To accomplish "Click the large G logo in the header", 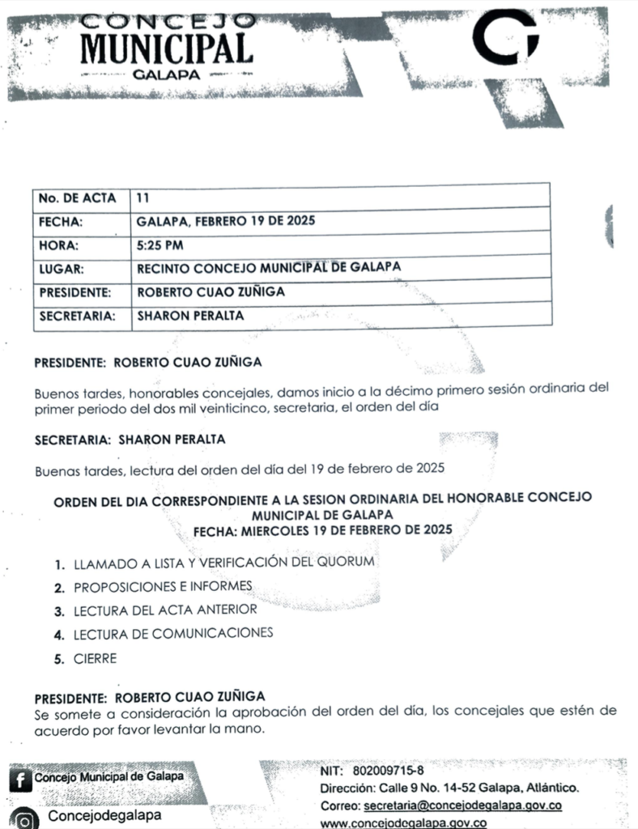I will [x=506, y=38].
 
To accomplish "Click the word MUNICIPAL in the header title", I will [x=166, y=48].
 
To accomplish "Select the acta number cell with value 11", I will [x=143, y=197].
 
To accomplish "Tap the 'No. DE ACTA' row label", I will [x=77, y=198].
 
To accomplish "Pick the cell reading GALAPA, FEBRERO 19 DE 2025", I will [x=226, y=221].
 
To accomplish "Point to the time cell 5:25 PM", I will [x=160, y=244].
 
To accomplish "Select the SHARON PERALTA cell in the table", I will [x=190, y=317].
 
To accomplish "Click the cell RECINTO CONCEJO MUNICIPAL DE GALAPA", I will [x=269, y=268].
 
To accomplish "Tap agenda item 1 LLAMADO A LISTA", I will [x=223, y=561].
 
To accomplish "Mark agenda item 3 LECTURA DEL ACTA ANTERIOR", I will [x=165, y=610].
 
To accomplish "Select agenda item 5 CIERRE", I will [x=95, y=658].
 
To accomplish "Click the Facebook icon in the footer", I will [x=17, y=780].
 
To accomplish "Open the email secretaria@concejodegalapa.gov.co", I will [x=462, y=806].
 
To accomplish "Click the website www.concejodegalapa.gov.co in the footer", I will [x=404, y=823].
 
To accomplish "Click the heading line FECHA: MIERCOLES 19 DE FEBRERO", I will [x=321, y=530].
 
